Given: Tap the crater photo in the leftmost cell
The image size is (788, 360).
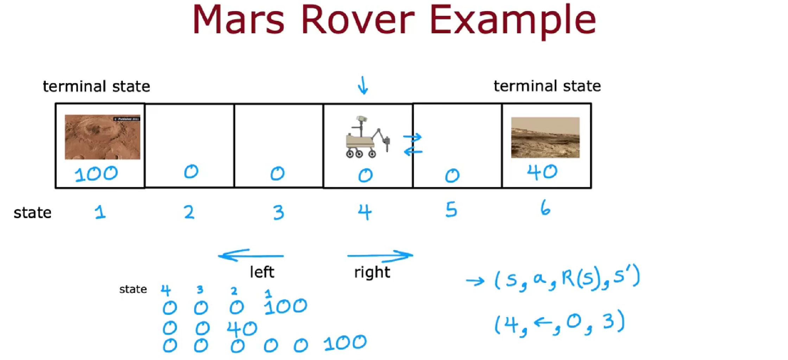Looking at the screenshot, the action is point(102,137).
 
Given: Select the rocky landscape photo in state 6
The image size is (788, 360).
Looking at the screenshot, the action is point(545,138).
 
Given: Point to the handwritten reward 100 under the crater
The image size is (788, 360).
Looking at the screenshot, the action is point(96,174).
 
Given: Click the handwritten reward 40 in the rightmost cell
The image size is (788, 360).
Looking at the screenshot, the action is point(542,172).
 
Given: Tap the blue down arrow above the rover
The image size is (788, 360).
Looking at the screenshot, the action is point(363,86).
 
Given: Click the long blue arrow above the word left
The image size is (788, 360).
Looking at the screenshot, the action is point(251,255).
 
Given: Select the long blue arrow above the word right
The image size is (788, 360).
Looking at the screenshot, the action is point(380,256).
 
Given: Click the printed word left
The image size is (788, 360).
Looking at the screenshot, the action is point(262,272).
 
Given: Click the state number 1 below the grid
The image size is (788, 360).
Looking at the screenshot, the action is point(100,212).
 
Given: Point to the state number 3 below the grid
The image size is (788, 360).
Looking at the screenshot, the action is point(279,213).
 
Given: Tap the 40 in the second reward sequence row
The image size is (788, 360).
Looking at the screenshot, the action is point(242,328).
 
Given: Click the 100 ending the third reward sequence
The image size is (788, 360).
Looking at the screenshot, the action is point(345,343).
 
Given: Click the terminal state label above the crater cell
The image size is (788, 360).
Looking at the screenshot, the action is point(96,86).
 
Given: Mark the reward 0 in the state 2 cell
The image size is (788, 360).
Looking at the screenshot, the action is point(191,172).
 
